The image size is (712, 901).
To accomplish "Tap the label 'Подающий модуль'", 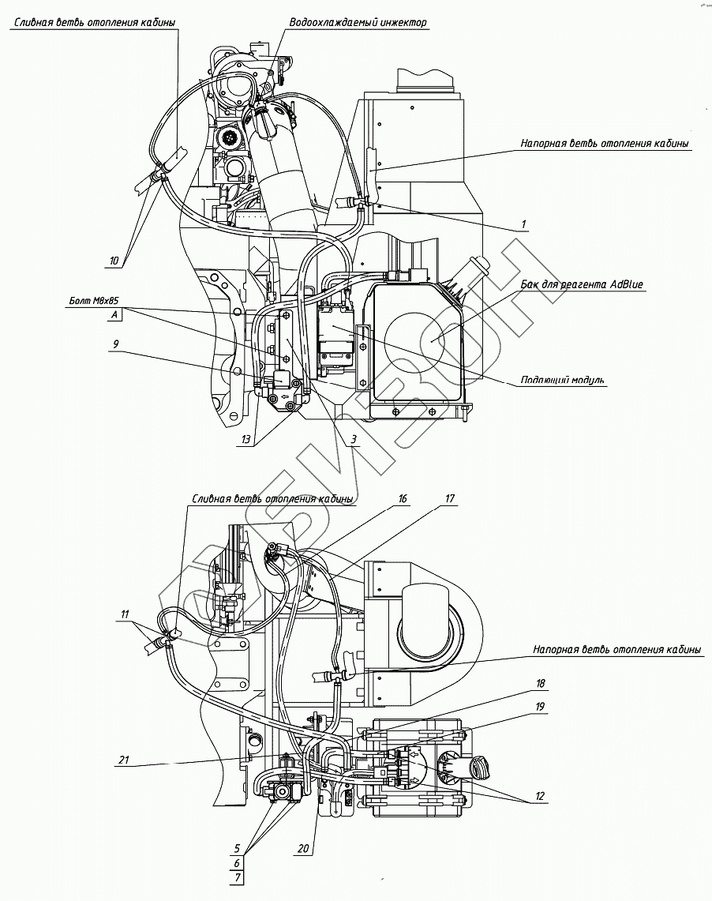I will [563, 380].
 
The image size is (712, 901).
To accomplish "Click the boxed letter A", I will [116, 315].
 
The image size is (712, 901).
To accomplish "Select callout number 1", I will [523, 223].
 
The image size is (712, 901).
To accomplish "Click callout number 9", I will [116, 344].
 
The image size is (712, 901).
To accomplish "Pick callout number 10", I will [114, 260].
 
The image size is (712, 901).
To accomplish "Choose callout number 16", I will [403, 499].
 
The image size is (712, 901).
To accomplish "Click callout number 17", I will [450, 499].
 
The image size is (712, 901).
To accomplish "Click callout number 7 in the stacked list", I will [237, 877].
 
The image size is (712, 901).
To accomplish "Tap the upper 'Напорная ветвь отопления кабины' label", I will [605, 144].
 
